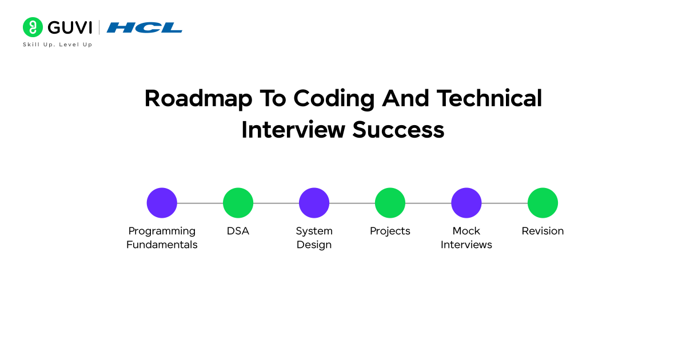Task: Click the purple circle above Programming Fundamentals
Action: tap(162, 203)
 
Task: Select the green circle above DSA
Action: tap(238, 203)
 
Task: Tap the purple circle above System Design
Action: tap(314, 203)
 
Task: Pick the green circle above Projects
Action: tap(390, 203)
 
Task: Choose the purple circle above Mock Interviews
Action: tap(466, 203)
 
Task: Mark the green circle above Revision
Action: tap(543, 203)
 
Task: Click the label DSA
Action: tap(238, 231)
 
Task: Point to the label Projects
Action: tap(390, 231)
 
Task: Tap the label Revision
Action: tap(543, 231)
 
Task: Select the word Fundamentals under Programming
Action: tap(162, 245)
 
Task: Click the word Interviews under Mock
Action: tap(466, 245)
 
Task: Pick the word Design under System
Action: tap(314, 245)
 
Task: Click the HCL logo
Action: tap(145, 27)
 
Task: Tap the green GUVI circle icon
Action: tap(33, 27)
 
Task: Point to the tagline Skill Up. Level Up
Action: tap(57, 45)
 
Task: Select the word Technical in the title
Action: tap(489, 98)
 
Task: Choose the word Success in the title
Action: tap(398, 130)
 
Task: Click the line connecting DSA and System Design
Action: tap(276, 203)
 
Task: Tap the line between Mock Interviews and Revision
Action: tap(504, 203)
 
